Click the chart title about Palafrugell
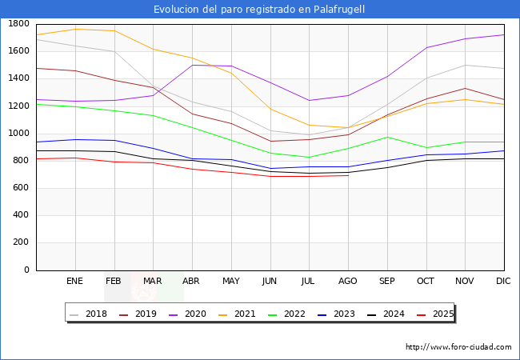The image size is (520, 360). (260, 10)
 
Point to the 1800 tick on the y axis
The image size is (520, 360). (20, 24)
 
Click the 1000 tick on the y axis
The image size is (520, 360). (20, 134)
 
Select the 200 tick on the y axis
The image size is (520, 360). (22, 243)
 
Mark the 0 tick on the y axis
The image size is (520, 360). (27, 270)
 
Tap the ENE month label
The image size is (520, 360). (74, 282)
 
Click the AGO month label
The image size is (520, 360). (348, 282)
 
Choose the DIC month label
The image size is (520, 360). (503, 282)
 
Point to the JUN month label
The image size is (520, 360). (270, 282)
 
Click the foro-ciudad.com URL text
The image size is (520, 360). (458, 347)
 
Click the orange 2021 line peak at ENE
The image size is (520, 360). (75, 29)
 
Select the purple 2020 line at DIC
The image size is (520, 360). (503, 34)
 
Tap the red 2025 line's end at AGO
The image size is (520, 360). (348, 175)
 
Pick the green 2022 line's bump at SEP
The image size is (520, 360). (387, 137)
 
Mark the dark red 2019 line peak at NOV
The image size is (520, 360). (465, 88)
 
